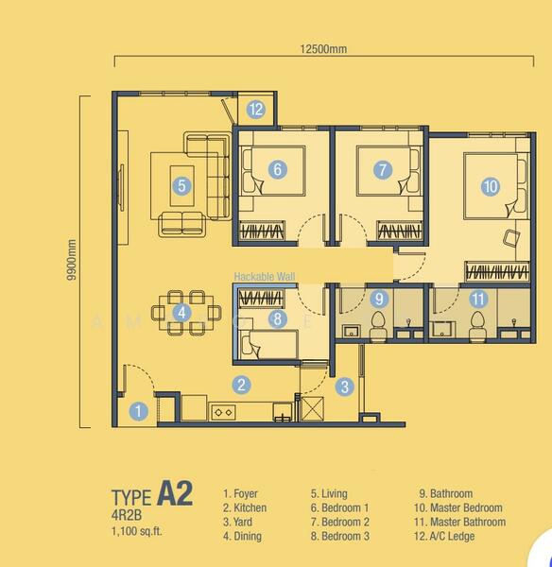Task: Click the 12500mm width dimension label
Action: click(319, 48)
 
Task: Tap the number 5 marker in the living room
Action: click(181, 186)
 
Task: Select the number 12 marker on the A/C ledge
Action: click(256, 109)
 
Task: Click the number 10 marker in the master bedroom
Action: click(490, 186)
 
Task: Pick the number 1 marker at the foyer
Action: click(138, 411)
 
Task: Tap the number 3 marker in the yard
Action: click(346, 386)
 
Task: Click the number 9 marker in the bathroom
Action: click(379, 299)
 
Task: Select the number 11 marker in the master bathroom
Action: click(478, 299)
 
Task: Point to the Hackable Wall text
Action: click(265, 278)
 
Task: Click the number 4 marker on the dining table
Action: click(182, 311)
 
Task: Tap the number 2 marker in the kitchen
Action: click(243, 384)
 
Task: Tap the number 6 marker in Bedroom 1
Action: click(277, 170)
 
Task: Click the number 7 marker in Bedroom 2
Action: click(382, 170)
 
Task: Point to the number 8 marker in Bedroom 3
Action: click(277, 319)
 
